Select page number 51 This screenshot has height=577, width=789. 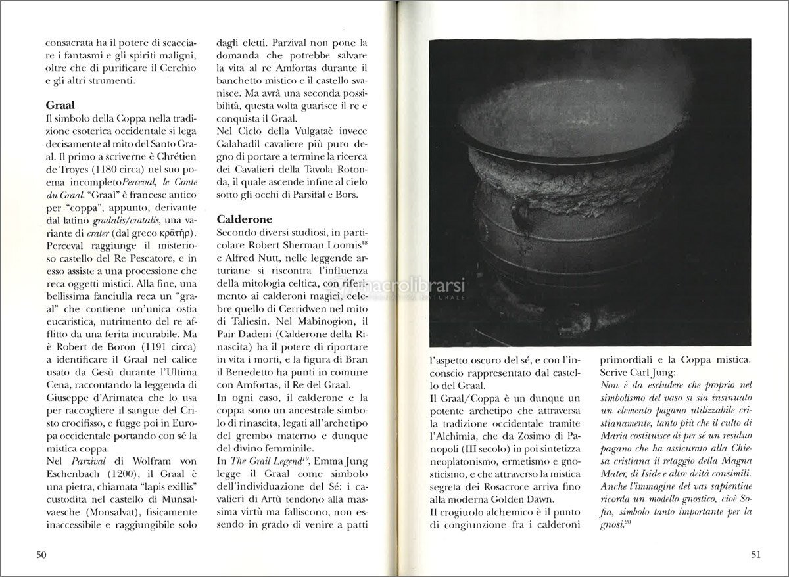[755, 555]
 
